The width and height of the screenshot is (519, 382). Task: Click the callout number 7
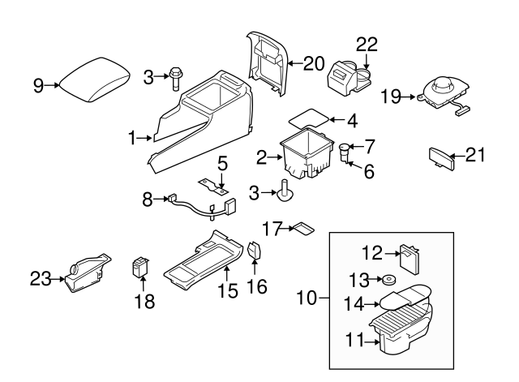pyautogui.click(x=369, y=147)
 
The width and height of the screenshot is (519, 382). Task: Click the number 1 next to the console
pyautogui.click(x=133, y=139)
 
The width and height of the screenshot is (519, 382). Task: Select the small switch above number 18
pyautogui.click(x=143, y=265)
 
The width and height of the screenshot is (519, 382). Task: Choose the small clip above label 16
pyautogui.click(x=255, y=251)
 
